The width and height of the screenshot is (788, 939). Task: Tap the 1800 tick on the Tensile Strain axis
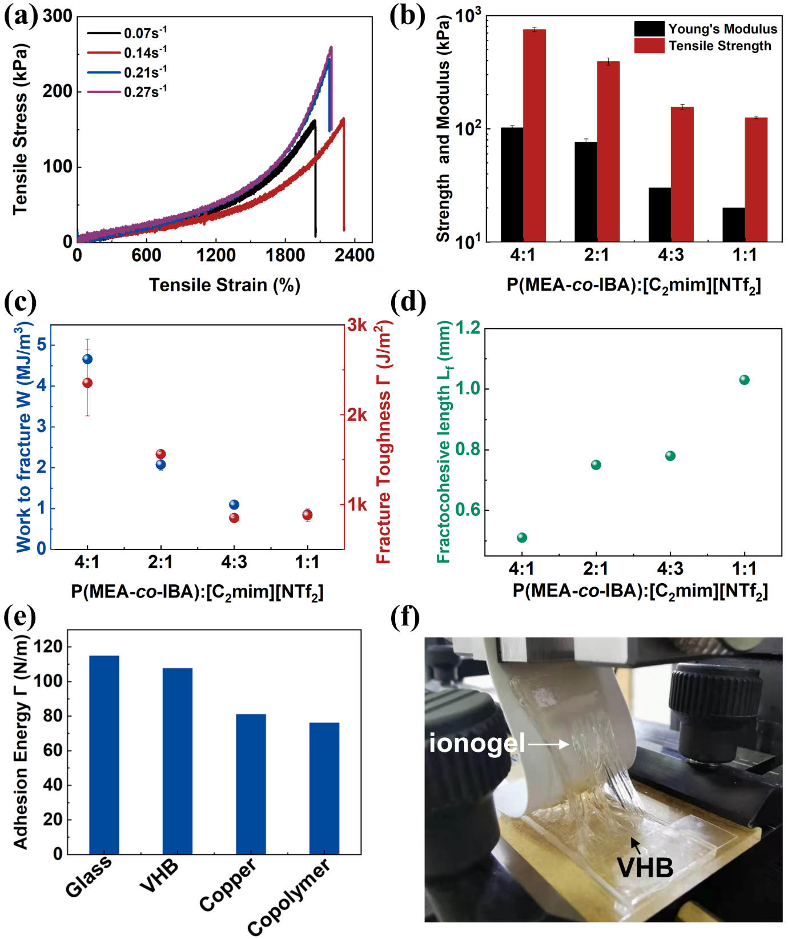pyautogui.click(x=286, y=255)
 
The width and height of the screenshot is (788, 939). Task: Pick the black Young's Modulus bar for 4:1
pyautogui.click(x=512, y=184)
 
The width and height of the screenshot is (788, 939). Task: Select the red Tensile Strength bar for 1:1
pyautogui.click(x=756, y=179)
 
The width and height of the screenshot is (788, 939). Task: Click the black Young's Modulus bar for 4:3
pyautogui.click(x=660, y=214)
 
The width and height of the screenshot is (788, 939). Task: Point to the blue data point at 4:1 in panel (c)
pyautogui.click(x=87, y=359)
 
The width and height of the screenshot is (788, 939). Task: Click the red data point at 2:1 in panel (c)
pyautogui.click(x=161, y=454)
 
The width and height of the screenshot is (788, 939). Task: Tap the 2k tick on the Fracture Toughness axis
pyautogui.click(x=357, y=415)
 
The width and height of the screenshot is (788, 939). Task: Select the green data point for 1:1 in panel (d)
pyautogui.click(x=744, y=380)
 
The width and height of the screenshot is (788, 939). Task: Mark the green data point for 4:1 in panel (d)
pyautogui.click(x=522, y=537)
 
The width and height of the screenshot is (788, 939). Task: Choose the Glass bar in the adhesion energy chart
pyautogui.click(x=104, y=755)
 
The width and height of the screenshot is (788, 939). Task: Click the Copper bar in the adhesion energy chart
pyautogui.click(x=251, y=784)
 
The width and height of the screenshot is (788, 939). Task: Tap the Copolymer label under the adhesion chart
pyautogui.click(x=288, y=897)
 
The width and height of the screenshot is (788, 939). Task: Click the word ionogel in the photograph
pyautogui.click(x=477, y=743)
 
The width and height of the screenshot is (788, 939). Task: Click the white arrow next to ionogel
pyautogui.click(x=549, y=744)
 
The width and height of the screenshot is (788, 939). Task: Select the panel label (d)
pyautogui.click(x=408, y=301)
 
